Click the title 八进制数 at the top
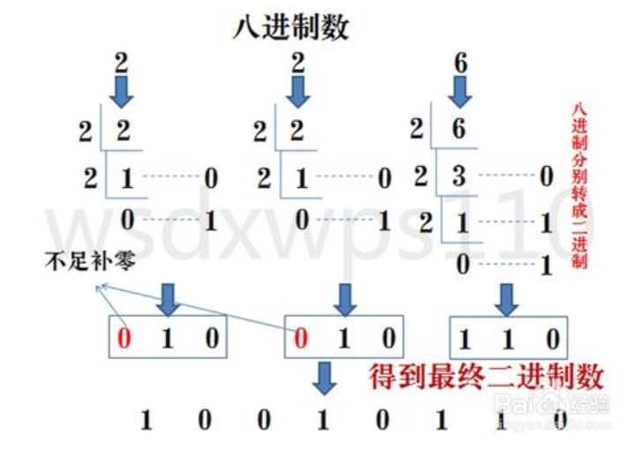pyautogui.click(x=291, y=27)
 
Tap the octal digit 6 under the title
pyautogui.click(x=461, y=64)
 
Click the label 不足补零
pyautogui.click(x=90, y=261)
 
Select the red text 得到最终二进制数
pyautogui.click(x=486, y=377)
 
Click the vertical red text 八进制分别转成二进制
pyautogui.click(x=579, y=185)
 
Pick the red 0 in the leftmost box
pyautogui.click(x=124, y=338)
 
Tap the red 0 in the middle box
pyautogui.click(x=301, y=338)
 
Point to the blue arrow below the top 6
pyautogui.click(x=460, y=93)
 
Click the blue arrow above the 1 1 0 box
pyautogui.click(x=506, y=300)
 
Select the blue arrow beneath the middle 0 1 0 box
pyautogui.click(x=325, y=379)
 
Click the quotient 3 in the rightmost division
pyautogui.click(x=459, y=176)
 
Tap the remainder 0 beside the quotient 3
pyautogui.click(x=547, y=176)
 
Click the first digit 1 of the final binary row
pyautogui.click(x=146, y=420)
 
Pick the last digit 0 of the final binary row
pyautogui.click(x=560, y=420)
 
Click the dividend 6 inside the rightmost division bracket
pyautogui.click(x=459, y=129)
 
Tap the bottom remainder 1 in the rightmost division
pyautogui.click(x=547, y=266)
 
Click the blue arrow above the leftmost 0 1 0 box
pyautogui.click(x=168, y=300)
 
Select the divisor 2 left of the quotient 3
pyautogui.click(x=421, y=176)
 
